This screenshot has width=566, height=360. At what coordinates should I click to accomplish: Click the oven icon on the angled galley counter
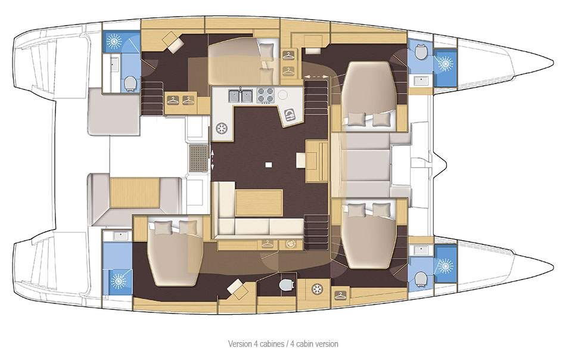(290, 114)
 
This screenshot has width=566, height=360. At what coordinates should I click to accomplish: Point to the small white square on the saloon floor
(269, 165)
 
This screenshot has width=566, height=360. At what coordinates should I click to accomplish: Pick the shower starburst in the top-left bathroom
(113, 40)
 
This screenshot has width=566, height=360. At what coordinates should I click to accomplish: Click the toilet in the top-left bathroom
(129, 82)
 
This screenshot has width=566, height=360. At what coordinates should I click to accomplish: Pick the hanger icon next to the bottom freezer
(340, 294)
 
